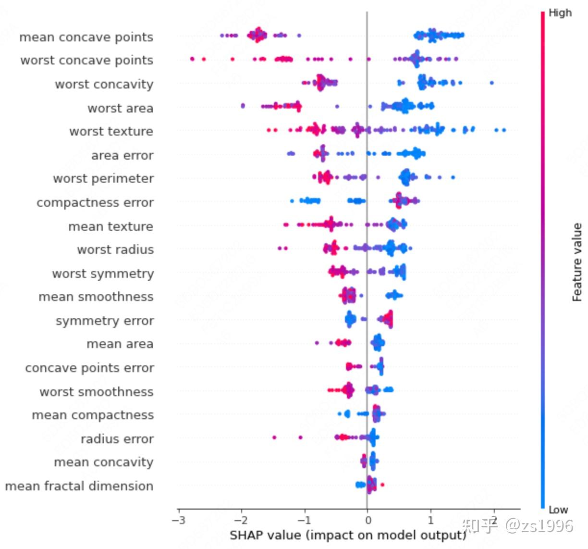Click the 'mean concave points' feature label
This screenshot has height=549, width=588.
coord(86,37)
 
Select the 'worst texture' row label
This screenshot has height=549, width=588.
coord(111,131)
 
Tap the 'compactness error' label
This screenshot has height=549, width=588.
coord(95,202)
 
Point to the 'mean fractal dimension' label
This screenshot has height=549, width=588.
coord(79,486)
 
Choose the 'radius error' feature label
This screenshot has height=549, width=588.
coord(117,439)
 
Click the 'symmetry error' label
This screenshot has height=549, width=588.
coord(105,321)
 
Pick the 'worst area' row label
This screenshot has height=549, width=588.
coord(120,108)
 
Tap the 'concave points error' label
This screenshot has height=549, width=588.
coord(89,368)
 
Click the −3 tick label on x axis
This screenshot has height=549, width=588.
coord(178,520)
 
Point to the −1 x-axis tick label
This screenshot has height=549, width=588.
coord(304,520)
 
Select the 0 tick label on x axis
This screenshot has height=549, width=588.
coord(367,520)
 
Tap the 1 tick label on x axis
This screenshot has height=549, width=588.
coord(430,520)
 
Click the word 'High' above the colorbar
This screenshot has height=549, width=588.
coord(560,13)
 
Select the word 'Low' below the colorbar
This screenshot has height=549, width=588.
coord(558,510)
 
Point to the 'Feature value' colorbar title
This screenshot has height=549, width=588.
coord(577,262)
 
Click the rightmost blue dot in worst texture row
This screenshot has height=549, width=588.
coord(503,130)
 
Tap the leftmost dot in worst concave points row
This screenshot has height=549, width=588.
coord(192,59)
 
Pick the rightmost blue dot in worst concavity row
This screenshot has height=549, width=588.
coord(491,83)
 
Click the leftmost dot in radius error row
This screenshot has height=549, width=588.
coord(274,437)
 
